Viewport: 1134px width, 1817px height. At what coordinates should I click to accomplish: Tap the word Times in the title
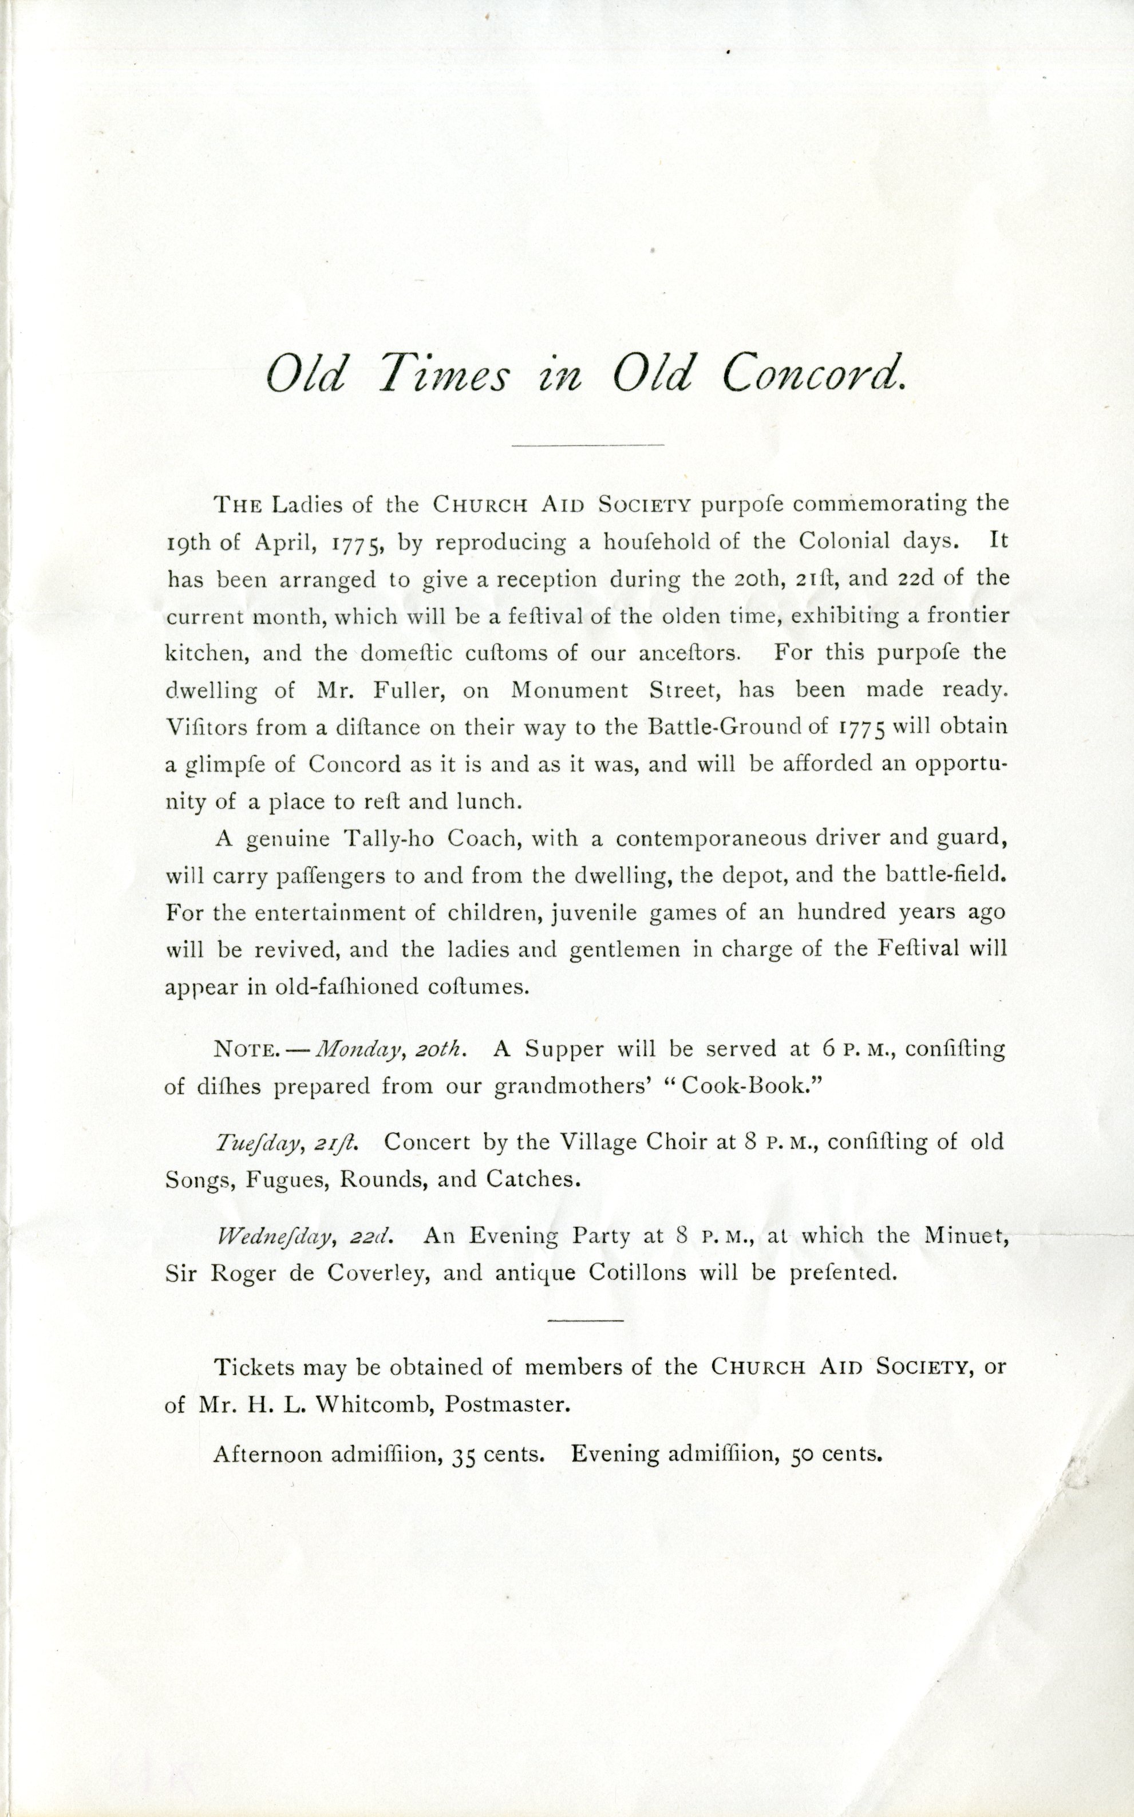click(442, 373)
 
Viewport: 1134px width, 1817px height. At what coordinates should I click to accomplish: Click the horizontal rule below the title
click(587, 445)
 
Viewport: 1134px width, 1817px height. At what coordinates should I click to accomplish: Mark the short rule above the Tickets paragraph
click(585, 1320)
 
